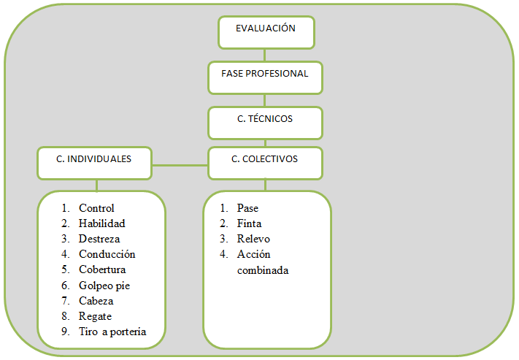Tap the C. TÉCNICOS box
tap(265, 123)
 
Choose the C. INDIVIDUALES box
tap(94, 163)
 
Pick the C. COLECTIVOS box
tap(265, 163)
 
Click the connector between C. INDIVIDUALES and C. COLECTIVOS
tap(180, 164)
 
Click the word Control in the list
tap(96, 208)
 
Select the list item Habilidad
tap(102, 223)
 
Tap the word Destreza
tap(99, 239)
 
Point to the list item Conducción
tap(107, 254)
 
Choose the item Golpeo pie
tap(105, 286)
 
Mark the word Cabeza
tap(96, 301)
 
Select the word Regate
tap(95, 316)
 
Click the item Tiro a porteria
tap(112, 332)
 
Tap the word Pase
tap(247, 208)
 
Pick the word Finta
tap(249, 223)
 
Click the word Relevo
tap(252, 239)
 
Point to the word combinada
tap(263, 270)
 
